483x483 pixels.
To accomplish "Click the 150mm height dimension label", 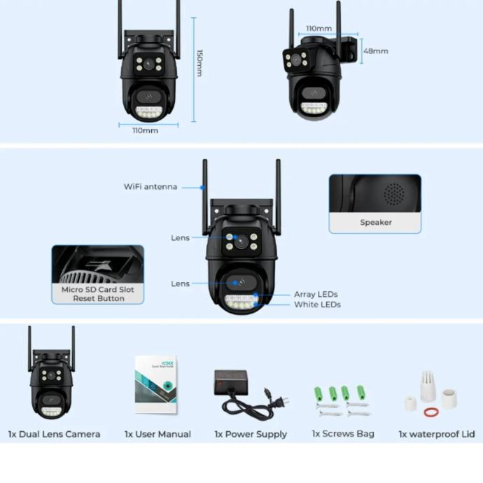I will [199, 63].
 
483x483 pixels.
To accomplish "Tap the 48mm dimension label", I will [375, 51].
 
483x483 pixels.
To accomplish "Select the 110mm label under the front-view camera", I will [146, 130].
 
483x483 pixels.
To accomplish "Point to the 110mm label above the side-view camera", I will [319, 29].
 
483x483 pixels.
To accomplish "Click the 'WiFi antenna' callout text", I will [150, 187].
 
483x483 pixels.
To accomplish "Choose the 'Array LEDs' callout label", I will [316, 295].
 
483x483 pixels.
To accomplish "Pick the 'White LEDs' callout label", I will [317, 304].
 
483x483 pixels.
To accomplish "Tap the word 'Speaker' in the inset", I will [376, 223].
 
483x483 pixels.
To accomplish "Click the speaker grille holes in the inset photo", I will [394, 193].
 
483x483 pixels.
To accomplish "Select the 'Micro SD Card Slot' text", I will [97, 289].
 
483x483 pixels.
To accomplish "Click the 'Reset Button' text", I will [98, 298].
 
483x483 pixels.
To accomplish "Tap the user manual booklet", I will [155, 384].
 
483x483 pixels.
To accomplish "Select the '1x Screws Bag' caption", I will [343, 434].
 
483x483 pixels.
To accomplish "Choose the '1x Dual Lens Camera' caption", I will [54, 434].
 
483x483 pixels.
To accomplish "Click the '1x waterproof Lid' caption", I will [437, 434].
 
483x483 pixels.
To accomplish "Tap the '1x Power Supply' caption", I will [251, 434].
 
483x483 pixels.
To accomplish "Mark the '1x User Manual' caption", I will [157, 434].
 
